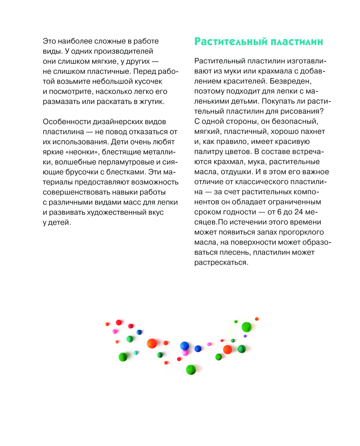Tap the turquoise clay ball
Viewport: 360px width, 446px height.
pos(136,353)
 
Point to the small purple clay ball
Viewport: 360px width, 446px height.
pos(245,336)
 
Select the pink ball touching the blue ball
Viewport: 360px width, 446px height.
pos(185,353)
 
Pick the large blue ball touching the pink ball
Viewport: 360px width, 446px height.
pos(184,346)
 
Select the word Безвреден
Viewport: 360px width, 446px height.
pos(291,81)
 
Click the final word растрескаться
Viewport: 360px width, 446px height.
pos(221,263)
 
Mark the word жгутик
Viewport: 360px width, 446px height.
pos(152,102)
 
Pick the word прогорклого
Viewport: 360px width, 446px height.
pos(301,232)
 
